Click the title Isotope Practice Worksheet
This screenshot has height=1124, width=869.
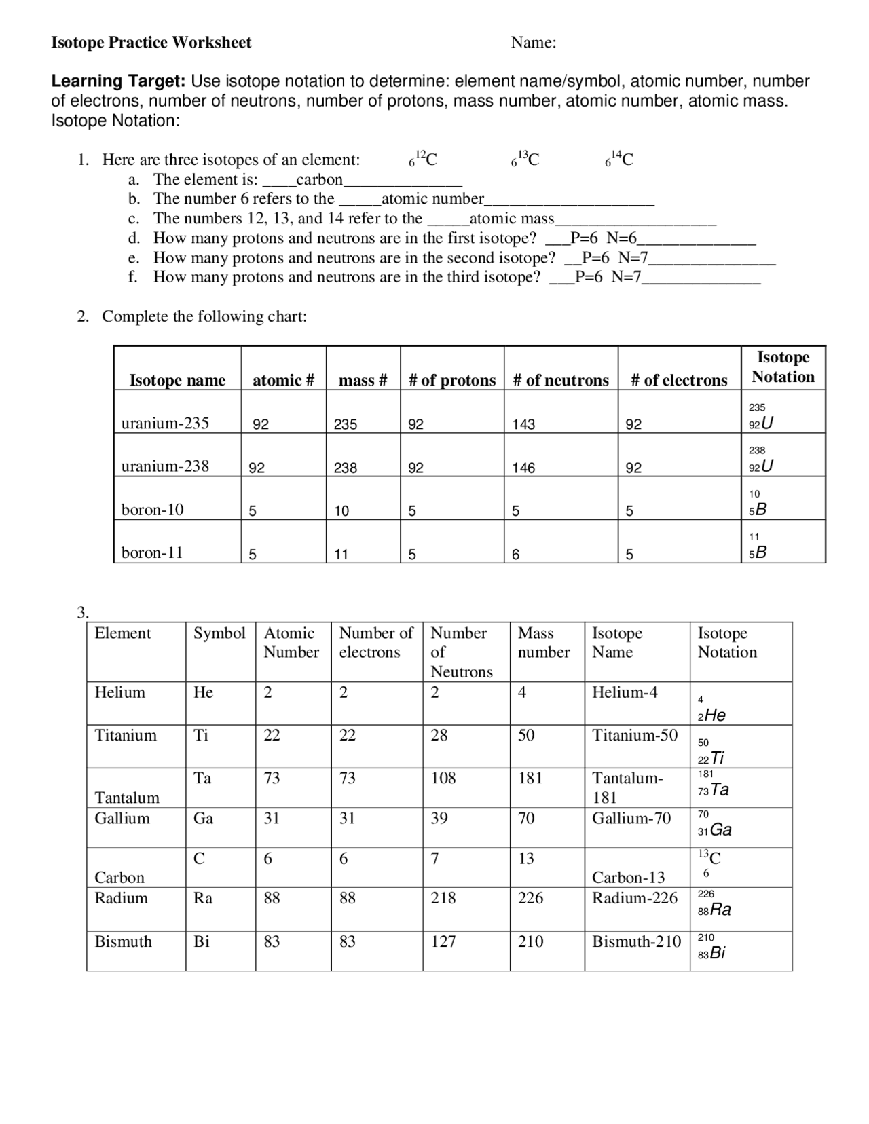[151, 43]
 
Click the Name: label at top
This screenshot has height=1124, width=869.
[534, 43]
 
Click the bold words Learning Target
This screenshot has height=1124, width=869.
[118, 81]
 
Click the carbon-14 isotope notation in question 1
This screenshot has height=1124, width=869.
[619, 160]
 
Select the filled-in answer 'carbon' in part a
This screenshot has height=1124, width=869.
[319, 180]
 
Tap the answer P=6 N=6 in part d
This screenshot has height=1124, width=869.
[604, 238]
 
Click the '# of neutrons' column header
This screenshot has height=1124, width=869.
[561, 380]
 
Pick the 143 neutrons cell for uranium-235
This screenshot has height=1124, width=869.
[523, 424]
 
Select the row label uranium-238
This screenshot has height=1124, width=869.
[165, 466]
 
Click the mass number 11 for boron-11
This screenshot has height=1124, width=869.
[341, 555]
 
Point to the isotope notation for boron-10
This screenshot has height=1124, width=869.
[757, 504]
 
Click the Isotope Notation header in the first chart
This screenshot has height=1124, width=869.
[783, 367]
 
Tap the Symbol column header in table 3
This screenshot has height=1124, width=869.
[219, 633]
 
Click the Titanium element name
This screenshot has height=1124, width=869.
[126, 736]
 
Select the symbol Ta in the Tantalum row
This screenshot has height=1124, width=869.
[202, 779]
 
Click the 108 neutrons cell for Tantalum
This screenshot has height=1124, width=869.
[443, 779]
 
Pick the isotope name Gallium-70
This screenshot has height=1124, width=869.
[631, 819]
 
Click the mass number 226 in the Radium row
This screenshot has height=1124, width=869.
[530, 899]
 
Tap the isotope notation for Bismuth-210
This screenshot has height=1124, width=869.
[711, 947]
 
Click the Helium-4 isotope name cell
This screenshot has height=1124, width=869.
[625, 693]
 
